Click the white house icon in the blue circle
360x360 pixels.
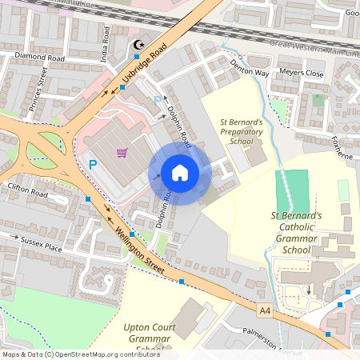(180, 173)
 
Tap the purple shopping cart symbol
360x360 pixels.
(122, 152)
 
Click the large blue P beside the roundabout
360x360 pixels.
(93, 165)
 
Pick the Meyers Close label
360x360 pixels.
(302, 74)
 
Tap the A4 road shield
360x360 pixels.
(265, 309)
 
